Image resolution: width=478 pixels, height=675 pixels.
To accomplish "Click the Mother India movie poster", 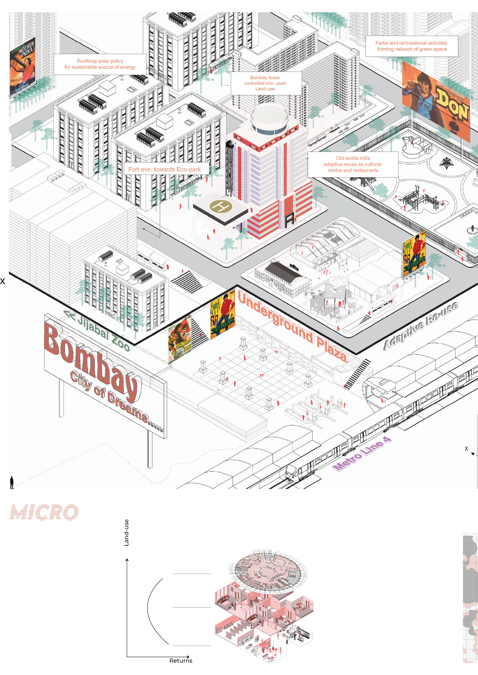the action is click(22, 67).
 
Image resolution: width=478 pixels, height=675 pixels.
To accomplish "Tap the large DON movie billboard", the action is click(436, 101).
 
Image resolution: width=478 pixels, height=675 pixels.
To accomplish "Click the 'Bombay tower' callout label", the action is click(265, 83).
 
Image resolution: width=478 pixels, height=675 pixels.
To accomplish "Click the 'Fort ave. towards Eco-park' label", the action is click(164, 169).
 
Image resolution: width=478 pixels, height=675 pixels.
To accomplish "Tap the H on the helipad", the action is click(221, 206).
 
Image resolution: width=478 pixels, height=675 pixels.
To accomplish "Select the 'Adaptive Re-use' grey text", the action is click(421, 326).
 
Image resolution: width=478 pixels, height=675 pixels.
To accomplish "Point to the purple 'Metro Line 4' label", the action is click(362, 455).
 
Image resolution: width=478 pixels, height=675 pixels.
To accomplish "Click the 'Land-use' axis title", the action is click(127, 533).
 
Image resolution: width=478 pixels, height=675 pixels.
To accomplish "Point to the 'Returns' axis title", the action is click(181, 661).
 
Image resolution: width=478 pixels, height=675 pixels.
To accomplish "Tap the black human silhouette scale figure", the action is click(12, 482).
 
